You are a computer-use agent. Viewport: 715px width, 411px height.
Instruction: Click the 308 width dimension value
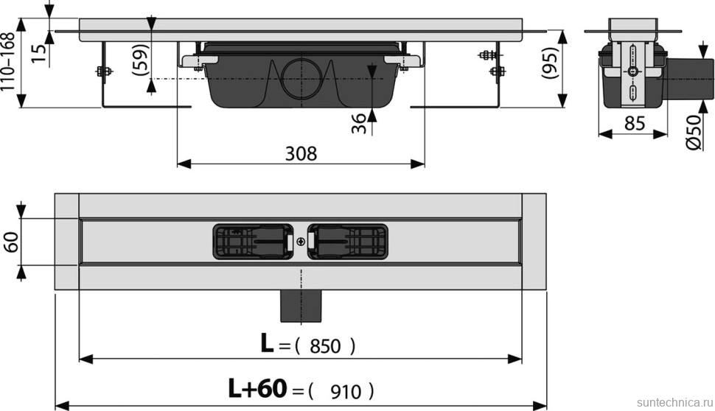[x=301, y=153]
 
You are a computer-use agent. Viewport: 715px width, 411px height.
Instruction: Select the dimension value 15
[x=40, y=52]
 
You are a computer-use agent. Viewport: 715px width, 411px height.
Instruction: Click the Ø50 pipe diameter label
[x=694, y=133]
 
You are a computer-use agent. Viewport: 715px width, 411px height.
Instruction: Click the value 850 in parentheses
[x=325, y=345]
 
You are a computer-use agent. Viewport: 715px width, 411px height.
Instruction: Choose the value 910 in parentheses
[x=342, y=390]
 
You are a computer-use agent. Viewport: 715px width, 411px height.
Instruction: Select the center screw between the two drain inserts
[x=300, y=241]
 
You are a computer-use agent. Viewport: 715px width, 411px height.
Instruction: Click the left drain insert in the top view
[x=253, y=241]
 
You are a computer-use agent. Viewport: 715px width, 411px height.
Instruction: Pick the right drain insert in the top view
[x=347, y=241]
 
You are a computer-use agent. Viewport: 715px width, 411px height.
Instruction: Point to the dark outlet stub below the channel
[x=300, y=305]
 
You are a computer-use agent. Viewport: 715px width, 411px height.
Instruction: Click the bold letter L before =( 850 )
[x=267, y=344]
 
